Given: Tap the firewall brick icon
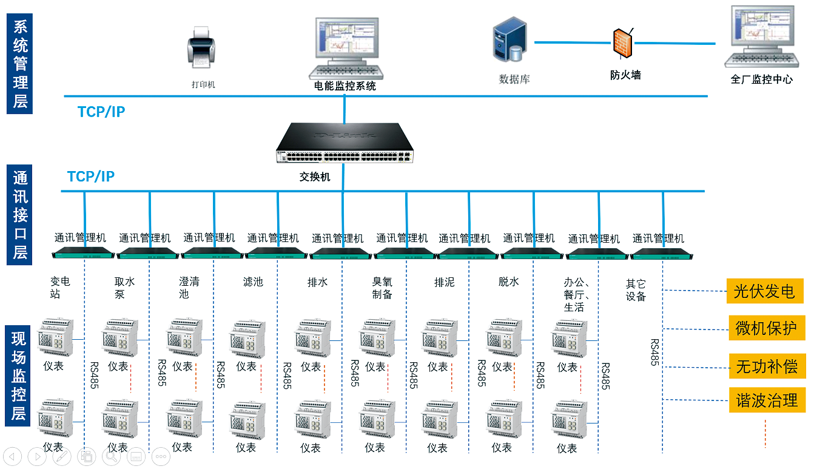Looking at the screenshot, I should point(622,44).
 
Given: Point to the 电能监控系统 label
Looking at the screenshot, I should point(345,86).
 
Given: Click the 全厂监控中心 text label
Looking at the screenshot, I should point(761,79).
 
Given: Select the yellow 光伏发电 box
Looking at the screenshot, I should point(765,291).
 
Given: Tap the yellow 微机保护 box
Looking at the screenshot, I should point(766,328).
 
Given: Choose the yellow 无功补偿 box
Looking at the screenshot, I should point(767,366).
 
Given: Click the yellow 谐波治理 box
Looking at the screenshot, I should point(767,400).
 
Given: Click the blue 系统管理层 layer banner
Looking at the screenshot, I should point(21,64).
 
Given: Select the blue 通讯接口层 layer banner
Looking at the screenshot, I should point(21,215).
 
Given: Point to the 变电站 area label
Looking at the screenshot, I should point(60,288).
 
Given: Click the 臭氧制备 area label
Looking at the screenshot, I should point(382,288).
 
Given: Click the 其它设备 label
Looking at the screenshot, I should point(636,290).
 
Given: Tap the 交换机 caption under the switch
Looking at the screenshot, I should point(315,177).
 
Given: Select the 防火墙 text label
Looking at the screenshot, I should point(625,75).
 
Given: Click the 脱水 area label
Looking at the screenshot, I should point(508,282).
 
